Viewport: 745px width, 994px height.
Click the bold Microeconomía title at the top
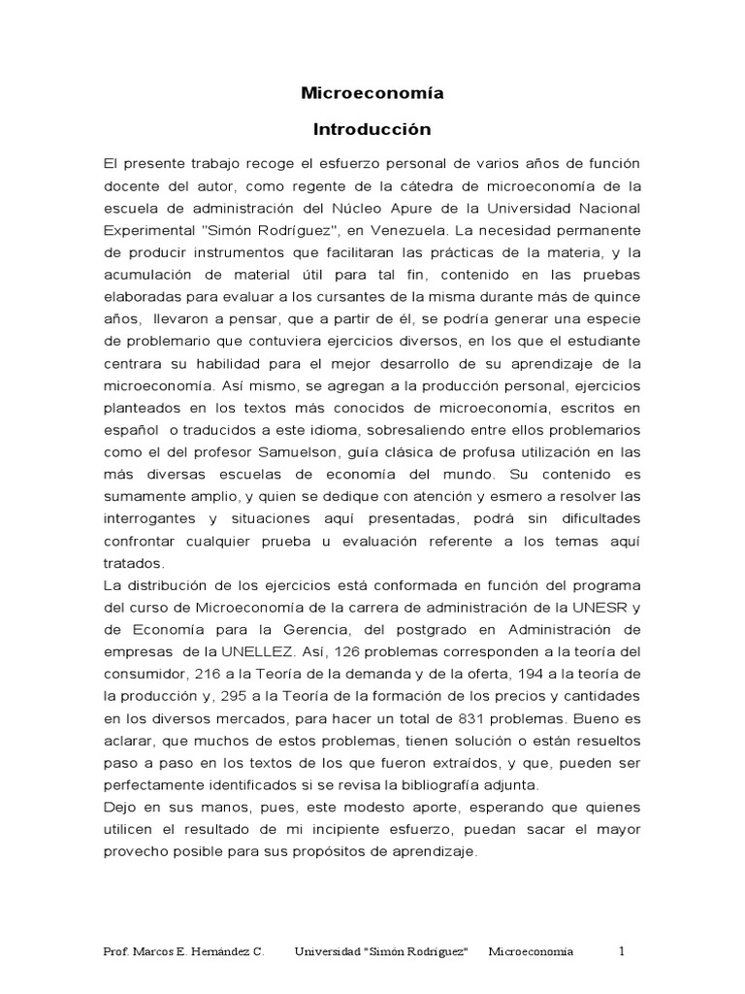click(372, 94)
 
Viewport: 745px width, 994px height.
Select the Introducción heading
click(372, 129)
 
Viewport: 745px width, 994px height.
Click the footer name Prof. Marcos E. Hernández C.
click(183, 951)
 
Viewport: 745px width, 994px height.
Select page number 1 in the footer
click(623, 950)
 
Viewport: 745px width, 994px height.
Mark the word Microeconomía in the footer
click(531, 951)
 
